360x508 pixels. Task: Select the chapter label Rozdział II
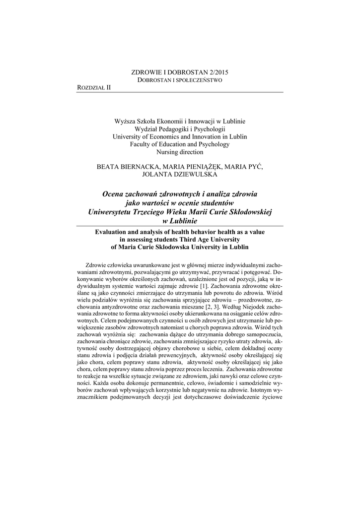coord(94,87)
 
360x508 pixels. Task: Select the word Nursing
coord(167,152)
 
